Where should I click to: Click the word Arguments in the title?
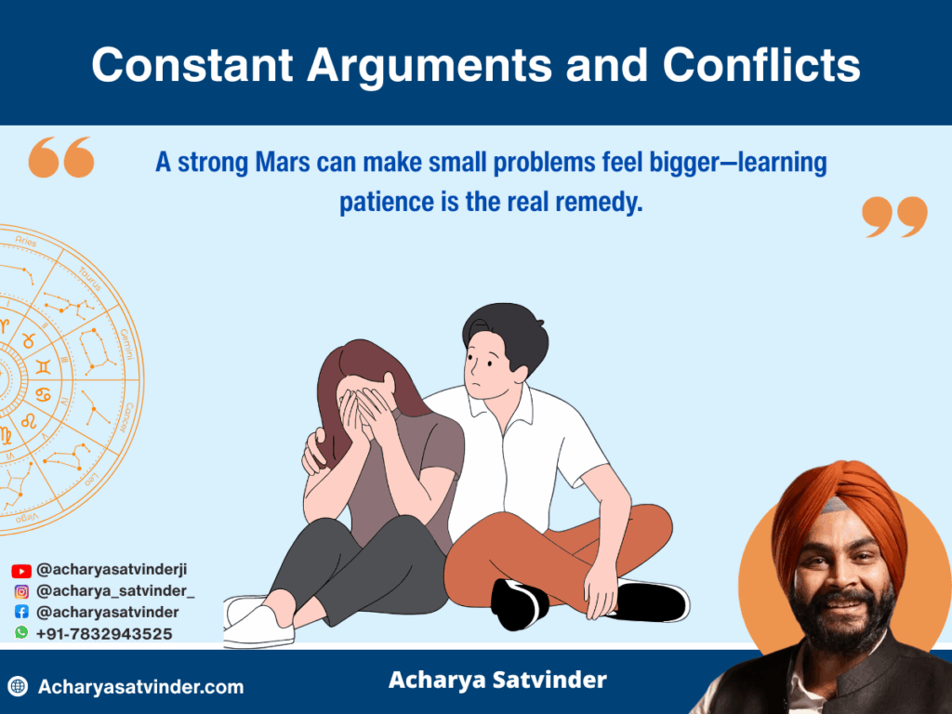(430, 66)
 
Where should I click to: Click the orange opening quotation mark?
(61, 157)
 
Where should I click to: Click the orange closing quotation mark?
(894, 216)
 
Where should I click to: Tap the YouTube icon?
(21, 571)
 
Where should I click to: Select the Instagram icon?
(21, 591)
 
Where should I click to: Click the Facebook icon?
(21, 612)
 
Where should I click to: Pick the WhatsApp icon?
(21, 632)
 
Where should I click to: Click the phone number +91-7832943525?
(104, 634)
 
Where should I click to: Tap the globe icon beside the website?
(19, 686)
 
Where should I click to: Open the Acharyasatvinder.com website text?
(141, 687)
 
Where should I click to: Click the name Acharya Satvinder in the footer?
(497, 680)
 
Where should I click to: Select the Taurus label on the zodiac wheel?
(90, 279)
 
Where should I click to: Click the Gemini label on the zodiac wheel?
(126, 344)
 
